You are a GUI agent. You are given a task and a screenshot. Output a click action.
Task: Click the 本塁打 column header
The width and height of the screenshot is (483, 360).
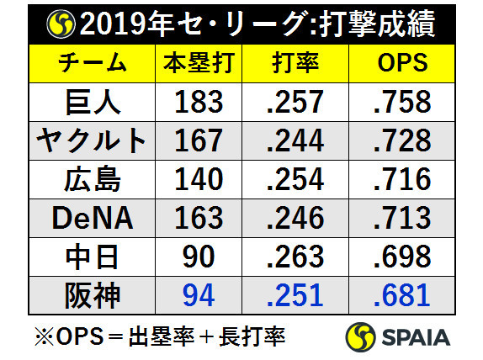tap(199, 63)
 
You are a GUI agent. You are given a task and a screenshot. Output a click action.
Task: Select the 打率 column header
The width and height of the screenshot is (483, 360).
tap(295, 63)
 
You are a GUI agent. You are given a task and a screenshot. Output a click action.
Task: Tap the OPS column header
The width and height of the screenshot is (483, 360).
tap(401, 63)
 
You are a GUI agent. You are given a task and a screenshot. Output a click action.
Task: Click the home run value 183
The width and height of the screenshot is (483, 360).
tap(199, 102)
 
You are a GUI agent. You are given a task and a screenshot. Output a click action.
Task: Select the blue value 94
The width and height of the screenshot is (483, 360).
tap(199, 295)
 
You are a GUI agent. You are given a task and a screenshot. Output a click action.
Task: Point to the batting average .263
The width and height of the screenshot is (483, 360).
tap(295, 257)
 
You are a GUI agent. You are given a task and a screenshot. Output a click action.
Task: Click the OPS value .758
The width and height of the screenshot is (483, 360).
tap(401, 102)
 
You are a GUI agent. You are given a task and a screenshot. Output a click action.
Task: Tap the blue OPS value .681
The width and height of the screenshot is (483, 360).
tap(401, 295)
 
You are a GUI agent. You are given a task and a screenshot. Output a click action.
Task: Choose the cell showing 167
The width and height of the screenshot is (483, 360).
tap(199, 140)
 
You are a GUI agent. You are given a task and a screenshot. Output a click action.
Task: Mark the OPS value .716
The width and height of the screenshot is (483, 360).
tap(401, 179)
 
